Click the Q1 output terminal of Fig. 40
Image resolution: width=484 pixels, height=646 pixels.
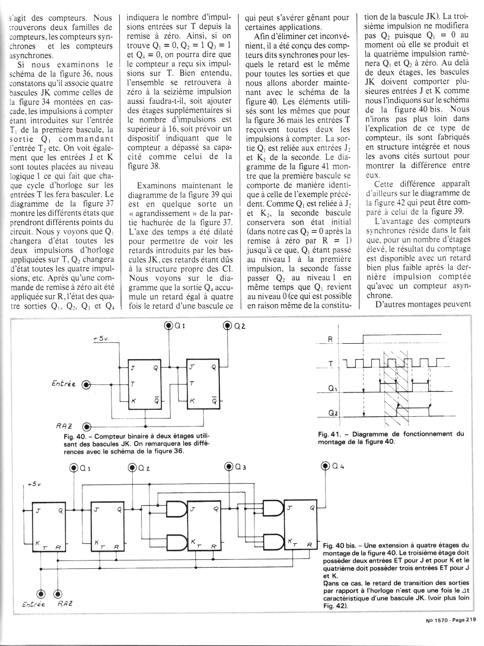point(169,326)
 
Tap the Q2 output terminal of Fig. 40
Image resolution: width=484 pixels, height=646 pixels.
point(228,326)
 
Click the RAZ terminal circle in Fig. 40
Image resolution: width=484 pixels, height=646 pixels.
point(87,427)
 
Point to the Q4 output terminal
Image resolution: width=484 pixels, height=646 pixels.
point(325,466)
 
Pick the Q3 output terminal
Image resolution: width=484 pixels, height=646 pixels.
point(229,467)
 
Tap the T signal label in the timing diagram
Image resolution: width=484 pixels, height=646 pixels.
point(331,363)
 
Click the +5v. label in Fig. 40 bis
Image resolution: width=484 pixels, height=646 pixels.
point(35,484)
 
